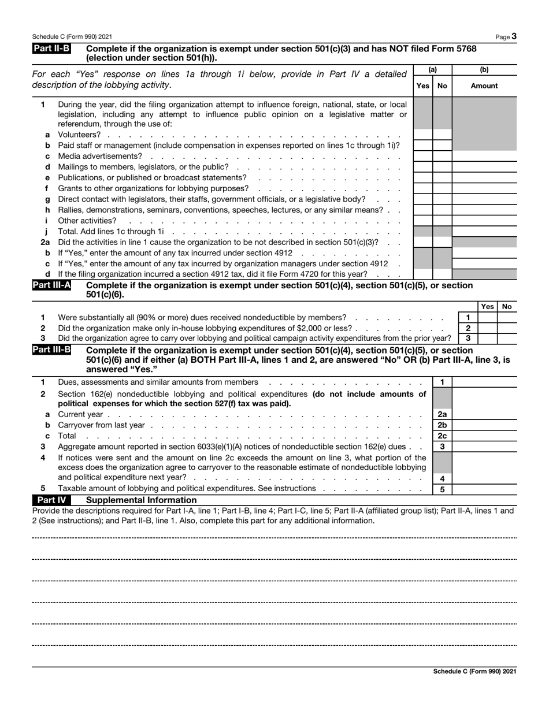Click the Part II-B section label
[51, 50]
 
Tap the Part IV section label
[51, 500]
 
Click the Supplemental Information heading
[140, 500]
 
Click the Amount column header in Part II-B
[484, 86]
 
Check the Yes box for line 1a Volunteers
[423, 135]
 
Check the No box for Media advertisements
[442, 156]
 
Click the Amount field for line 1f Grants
[484, 188]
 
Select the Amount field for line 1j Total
[484, 231]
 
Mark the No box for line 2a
[442, 241]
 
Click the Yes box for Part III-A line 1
[487, 317]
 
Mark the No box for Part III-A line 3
[507, 338]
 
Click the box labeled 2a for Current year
[442, 414]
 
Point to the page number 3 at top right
[514, 36]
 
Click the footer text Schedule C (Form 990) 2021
[474, 671]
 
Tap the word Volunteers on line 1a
[79, 135]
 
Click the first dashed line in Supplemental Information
[274, 538]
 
